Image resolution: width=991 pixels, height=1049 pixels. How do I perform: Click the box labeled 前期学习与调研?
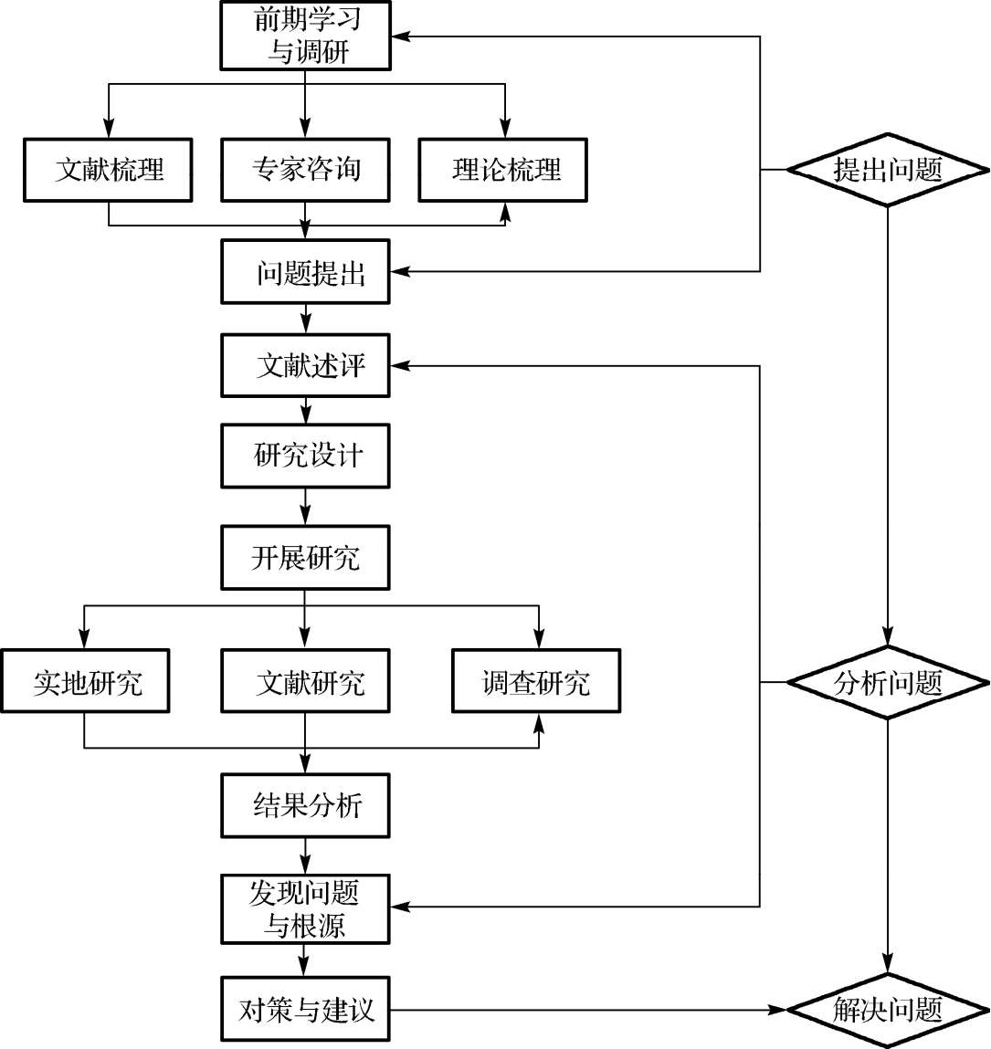coord(305,36)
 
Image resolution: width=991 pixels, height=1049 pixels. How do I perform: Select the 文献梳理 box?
coord(108,170)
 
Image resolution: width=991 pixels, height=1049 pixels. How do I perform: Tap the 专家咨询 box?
coord(305,170)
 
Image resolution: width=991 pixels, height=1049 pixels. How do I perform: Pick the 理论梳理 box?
coord(502,170)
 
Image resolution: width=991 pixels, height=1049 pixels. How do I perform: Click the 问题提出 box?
coord(305,272)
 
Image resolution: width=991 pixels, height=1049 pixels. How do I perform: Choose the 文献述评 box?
coord(305,365)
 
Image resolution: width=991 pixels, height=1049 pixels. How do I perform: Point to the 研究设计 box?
coord(305,456)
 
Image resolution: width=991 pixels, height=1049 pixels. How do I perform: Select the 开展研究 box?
coord(305,558)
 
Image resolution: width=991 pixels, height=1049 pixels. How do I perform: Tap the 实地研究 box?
coord(85,681)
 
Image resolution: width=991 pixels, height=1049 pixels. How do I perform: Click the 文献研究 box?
coord(305,681)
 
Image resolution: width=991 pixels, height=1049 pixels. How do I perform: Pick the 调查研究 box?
coord(536,681)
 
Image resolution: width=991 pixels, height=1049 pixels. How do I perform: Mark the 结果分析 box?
coord(305,806)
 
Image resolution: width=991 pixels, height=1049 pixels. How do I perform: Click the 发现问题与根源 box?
coord(305,909)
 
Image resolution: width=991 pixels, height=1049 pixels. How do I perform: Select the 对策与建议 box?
coord(305,1010)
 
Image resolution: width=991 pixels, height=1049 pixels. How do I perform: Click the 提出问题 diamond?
coord(887,170)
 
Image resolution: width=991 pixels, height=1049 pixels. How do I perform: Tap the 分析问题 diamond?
coord(887,682)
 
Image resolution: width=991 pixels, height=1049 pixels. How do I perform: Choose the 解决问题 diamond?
coord(887,1010)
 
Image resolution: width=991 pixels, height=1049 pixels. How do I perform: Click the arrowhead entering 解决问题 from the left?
coord(779,1010)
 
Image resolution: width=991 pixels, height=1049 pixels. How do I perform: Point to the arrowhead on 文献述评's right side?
coord(399,365)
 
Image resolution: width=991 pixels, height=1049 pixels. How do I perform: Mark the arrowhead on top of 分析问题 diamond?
coord(887,639)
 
